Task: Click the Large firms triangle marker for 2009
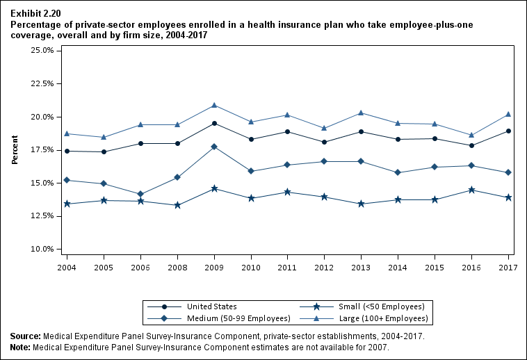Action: pyautogui.click(x=214, y=105)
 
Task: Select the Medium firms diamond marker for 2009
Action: pyautogui.click(x=214, y=147)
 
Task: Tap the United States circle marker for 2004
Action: pyautogui.click(x=67, y=151)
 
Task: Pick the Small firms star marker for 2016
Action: pyautogui.click(x=472, y=190)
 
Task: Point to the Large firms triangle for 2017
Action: pyautogui.click(x=509, y=114)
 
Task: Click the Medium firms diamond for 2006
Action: pyautogui.click(x=140, y=194)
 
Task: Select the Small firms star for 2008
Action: pyautogui.click(x=177, y=205)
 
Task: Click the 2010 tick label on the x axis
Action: pyautogui.click(x=251, y=267)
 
